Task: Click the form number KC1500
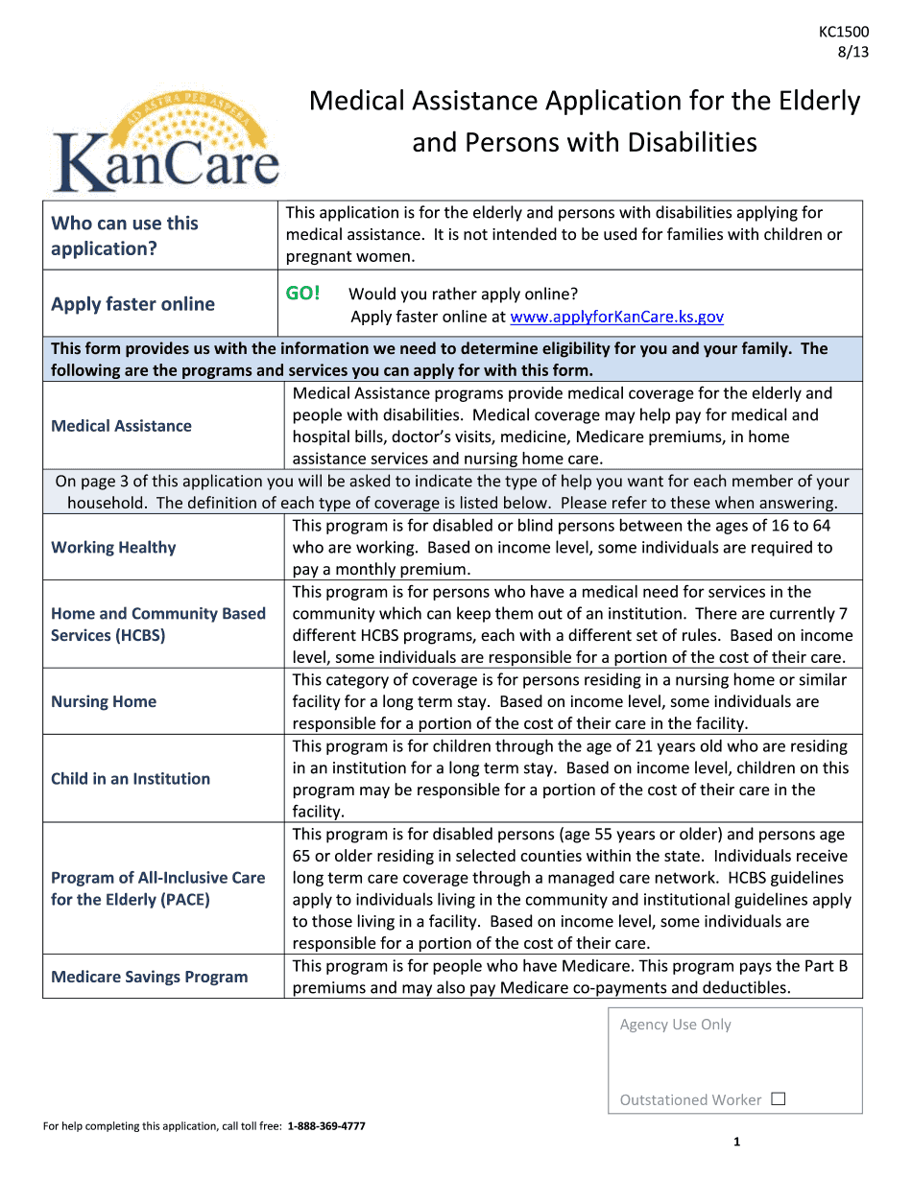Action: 844,32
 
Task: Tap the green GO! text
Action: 302,294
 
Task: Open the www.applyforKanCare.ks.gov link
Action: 616,317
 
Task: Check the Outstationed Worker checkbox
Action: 779,1099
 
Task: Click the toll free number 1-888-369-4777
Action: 326,1125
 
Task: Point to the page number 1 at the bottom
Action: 736,1142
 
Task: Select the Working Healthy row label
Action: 113,548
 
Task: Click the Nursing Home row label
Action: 104,701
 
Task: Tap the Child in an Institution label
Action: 131,779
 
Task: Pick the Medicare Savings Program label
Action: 149,977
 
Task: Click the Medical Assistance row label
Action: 121,426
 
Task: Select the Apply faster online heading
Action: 132,304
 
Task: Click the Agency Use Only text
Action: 675,1025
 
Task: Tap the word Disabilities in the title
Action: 692,143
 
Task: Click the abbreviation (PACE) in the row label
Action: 186,900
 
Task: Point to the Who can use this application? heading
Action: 125,235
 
